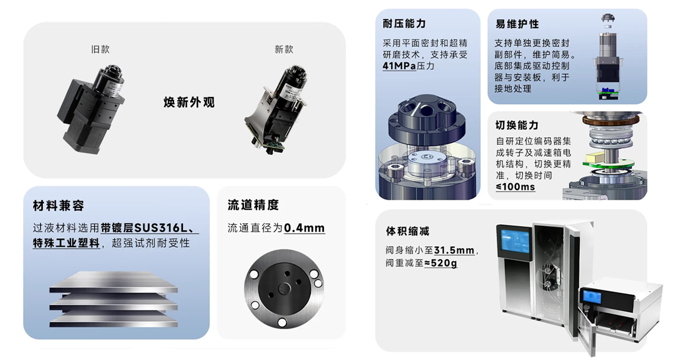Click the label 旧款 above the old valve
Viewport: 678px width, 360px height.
click(100, 50)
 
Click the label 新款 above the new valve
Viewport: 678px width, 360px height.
click(284, 50)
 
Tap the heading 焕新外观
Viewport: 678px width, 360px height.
click(189, 102)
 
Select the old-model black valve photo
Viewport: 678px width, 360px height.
click(91, 109)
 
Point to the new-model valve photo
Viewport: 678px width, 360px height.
click(275, 110)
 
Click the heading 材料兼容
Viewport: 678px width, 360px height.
click(58, 206)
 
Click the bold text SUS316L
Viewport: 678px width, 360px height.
click(161, 227)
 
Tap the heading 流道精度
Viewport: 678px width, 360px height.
click(253, 205)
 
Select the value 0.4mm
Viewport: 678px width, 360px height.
click(304, 228)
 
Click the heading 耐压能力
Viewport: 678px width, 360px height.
click(404, 23)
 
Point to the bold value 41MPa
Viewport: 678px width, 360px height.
click(399, 66)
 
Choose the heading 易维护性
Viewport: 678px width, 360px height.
click(517, 24)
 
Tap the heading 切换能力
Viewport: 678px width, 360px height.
click(517, 125)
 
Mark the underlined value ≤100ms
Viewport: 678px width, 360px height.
click(515, 186)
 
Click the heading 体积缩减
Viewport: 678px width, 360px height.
click(407, 231)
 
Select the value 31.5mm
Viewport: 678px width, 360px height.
click(454, 250)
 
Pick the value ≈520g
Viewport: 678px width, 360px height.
click(441, 263)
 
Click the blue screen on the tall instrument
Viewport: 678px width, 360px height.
click(515, 242)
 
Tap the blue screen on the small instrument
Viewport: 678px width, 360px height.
click(592, 297)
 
